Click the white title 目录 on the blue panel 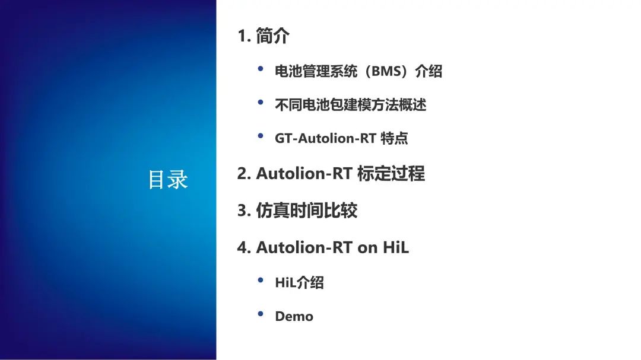tap(167, 179)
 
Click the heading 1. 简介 tap(264, 36)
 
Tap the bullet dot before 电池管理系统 tap(261, 69)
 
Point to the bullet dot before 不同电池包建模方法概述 tap(261, 103)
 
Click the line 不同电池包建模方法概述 tap(350, 105)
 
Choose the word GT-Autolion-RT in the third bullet tap(325, 139)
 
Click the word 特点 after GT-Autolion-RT tap(394, 139)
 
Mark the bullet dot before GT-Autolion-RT tap(261, 136)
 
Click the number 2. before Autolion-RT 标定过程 tap(244, 174)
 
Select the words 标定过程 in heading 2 tap(391, 174)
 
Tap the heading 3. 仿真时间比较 tap(297, 211)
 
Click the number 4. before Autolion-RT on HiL tap(244, 248)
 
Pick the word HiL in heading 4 tap(396, 248)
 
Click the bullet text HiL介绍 tap(299, 282)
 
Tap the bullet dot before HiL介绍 tap(261, 280)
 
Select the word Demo tap(294, 316)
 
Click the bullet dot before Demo tap(261, 314)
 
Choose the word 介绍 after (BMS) tap(429, 72)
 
